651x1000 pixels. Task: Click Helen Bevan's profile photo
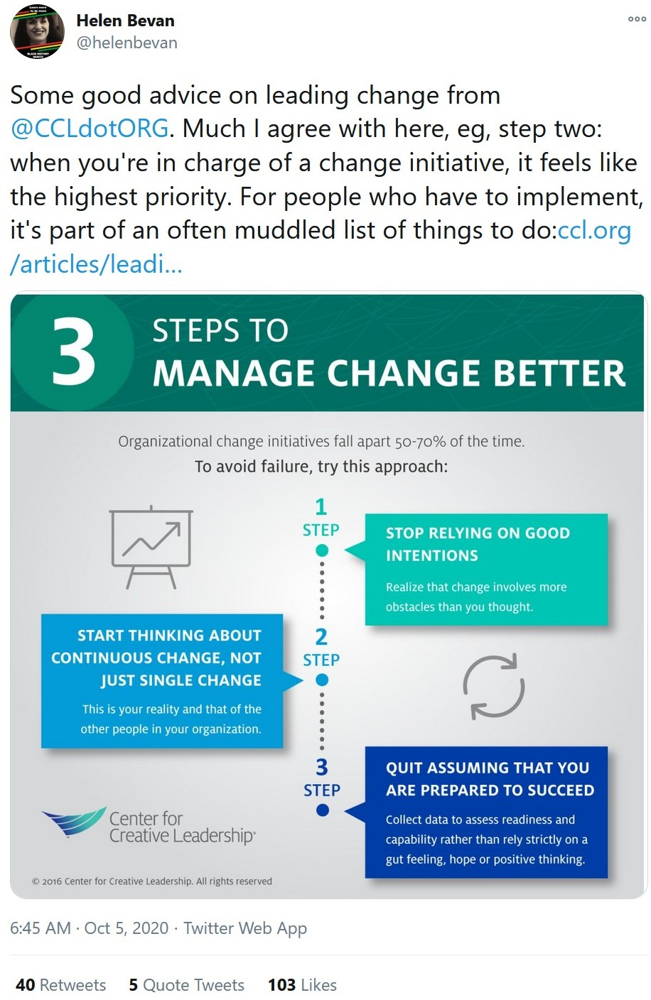(37, 33)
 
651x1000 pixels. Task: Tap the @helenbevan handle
(127, 43)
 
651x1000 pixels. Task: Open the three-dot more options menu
(637, 18)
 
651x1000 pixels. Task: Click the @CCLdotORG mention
(90, 129)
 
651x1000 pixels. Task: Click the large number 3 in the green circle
(74, 352)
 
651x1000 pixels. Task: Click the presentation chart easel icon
(151, 547)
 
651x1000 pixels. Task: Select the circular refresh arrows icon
(493, 687)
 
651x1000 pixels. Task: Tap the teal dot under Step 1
(322, 550)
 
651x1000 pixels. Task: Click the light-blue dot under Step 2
(322, 680)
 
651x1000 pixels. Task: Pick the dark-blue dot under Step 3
(322, 810)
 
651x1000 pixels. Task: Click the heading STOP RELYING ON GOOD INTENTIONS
(478, 544)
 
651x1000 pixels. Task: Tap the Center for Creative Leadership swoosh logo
(74, 822)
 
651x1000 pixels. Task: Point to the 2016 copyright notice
(151, 881)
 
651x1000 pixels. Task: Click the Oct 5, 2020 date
(126, 928)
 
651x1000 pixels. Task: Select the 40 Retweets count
(61, 985)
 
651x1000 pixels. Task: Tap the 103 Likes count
(303, 985)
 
